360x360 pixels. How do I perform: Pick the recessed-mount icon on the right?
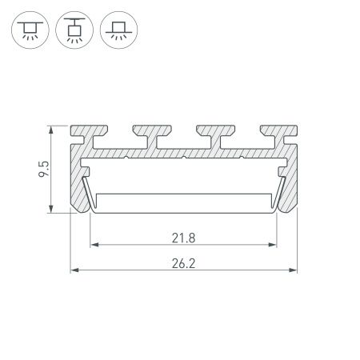(119, 31)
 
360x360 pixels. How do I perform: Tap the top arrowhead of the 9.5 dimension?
(52, 129)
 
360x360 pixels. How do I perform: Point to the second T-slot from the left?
(158, 141)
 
